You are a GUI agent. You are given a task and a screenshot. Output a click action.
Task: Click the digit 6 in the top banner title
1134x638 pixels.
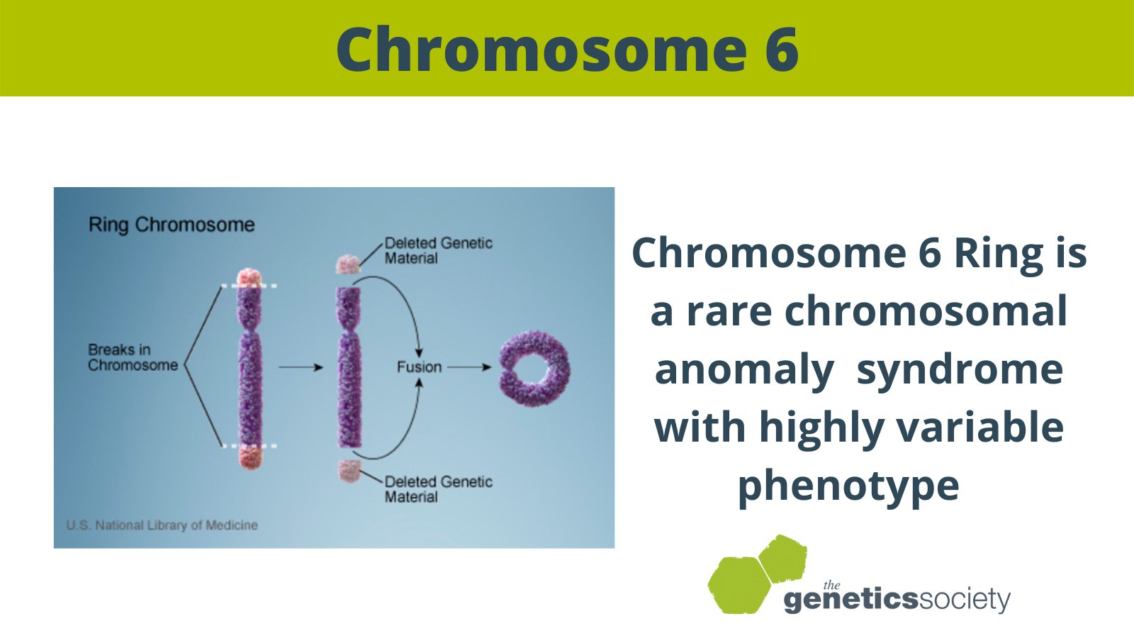(782, 50)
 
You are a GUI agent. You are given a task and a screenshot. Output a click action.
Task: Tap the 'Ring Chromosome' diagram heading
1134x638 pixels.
(172, 225)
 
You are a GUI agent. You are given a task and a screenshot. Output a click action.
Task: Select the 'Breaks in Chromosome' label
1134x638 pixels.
(133, 357)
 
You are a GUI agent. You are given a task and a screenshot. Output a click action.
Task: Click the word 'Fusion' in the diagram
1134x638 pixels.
(419, 367)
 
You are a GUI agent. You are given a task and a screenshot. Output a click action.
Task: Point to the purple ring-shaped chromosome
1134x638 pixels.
(534, 368)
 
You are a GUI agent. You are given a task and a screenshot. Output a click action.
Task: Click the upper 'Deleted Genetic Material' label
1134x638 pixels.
(438, 250)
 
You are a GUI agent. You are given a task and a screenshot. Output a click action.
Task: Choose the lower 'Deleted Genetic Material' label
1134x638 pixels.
(438, 489)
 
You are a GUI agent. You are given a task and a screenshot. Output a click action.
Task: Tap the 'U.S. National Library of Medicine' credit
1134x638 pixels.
(162, 525)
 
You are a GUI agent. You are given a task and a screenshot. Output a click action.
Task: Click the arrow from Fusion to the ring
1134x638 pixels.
(469, 367)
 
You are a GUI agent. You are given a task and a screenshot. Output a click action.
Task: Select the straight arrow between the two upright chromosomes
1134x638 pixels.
(301, 367)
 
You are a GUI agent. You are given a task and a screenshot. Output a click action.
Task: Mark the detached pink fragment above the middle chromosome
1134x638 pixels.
(347, 264)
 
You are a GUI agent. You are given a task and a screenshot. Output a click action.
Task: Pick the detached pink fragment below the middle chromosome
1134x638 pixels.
(348, 470)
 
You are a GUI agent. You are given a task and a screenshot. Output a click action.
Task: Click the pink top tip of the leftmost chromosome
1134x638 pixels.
(249, 277)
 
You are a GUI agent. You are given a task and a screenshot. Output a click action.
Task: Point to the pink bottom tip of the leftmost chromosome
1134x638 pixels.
(249, 457)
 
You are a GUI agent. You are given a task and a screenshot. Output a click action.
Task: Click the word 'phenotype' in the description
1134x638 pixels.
(848, 486)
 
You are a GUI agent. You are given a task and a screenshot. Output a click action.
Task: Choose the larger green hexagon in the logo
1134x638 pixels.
(738, 584)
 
